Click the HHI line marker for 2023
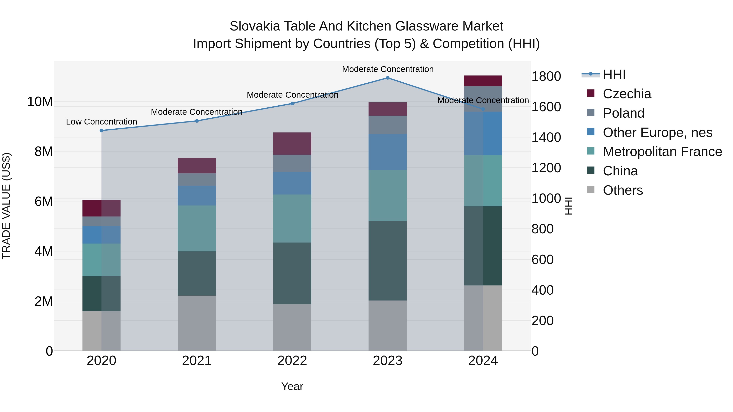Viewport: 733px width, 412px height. pyautogui.click(x=387, y=78)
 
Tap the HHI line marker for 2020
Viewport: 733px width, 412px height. pyautogui.click(x=102, y=130)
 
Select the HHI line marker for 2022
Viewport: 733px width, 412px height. pyautogui.click(x=292, y=104)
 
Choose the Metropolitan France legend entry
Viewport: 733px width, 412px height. pyautogui.click(x=662, y=152)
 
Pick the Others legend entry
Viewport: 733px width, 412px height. pyautogui.click(x=623, y=190)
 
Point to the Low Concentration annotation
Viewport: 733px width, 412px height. pyautogui.click(x=102, y=122)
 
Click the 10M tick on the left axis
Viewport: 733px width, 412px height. pyautogui.click(x=40, y=102)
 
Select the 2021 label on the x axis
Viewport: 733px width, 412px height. pyautogui.click(x=197, y=361)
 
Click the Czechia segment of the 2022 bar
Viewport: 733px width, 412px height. pyautogui.click(x=292, y=144)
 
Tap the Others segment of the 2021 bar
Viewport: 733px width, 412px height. pyautogui.click(x=197, y=323)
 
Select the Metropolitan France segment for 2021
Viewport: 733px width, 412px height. pyautogui.click(x=197, y=228)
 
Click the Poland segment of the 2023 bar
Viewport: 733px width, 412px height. pyautogui.click(x=387, y=125)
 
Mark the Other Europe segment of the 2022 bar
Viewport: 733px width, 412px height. pyautogui.click(x=292, y=183)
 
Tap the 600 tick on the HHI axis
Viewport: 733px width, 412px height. pyautogui.click(x=542, y=260)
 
